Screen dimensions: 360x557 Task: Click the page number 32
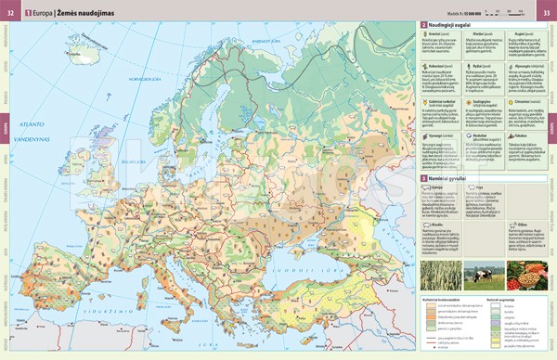pos(11,12)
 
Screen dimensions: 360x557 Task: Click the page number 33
pos(546,12)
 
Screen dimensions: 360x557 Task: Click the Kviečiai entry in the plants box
pos(434,32)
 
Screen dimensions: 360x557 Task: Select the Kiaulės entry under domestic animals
pos(434,225)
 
